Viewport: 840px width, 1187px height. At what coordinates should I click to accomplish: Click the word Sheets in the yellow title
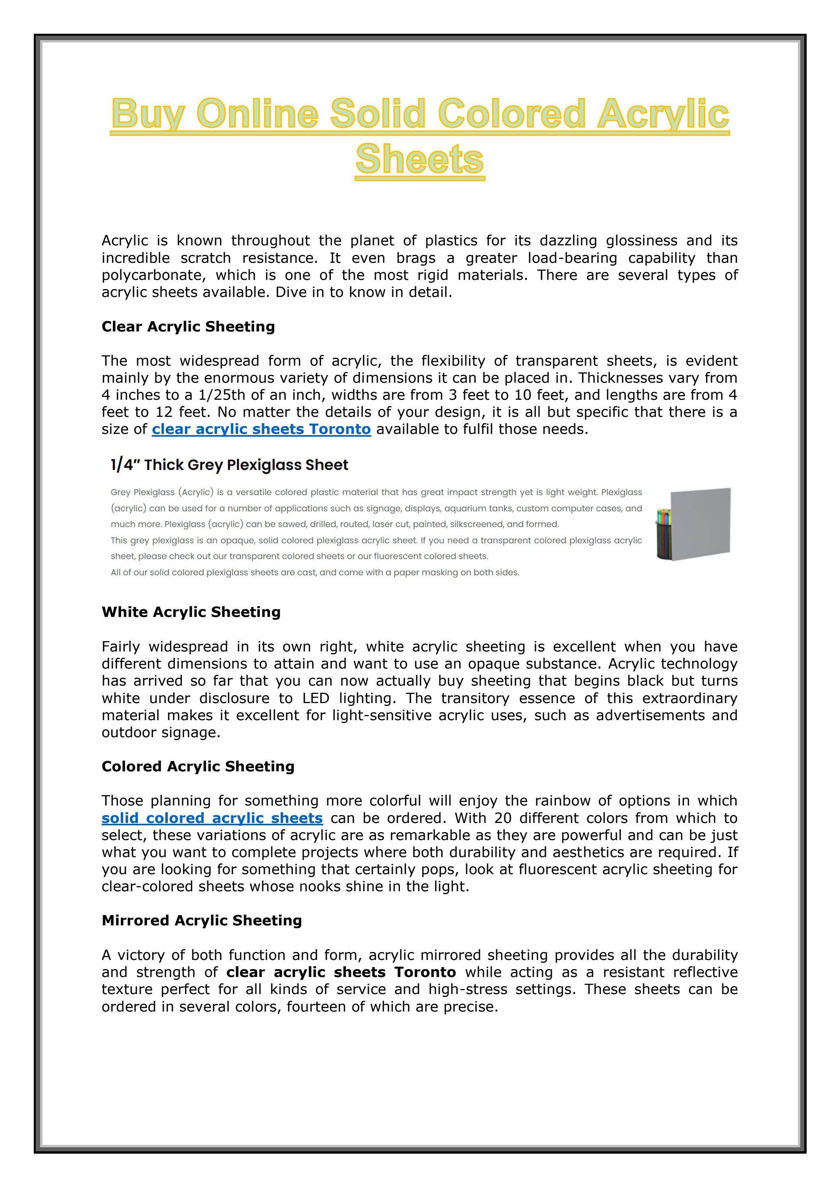[419, 159]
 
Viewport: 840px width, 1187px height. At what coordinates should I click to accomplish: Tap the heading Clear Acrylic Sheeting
[188, 327]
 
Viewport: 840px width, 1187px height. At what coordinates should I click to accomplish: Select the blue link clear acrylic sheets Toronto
[261, 429]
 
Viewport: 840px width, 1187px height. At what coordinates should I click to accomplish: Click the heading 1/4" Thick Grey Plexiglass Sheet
[229, 465]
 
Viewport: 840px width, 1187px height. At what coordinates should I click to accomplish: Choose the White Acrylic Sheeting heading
[191, 612]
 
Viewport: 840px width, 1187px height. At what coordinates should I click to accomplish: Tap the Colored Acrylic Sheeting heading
[198, 767]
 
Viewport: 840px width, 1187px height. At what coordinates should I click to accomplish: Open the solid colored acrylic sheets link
[212, 818]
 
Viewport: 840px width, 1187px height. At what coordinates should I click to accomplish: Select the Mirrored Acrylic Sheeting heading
[202, 921]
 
